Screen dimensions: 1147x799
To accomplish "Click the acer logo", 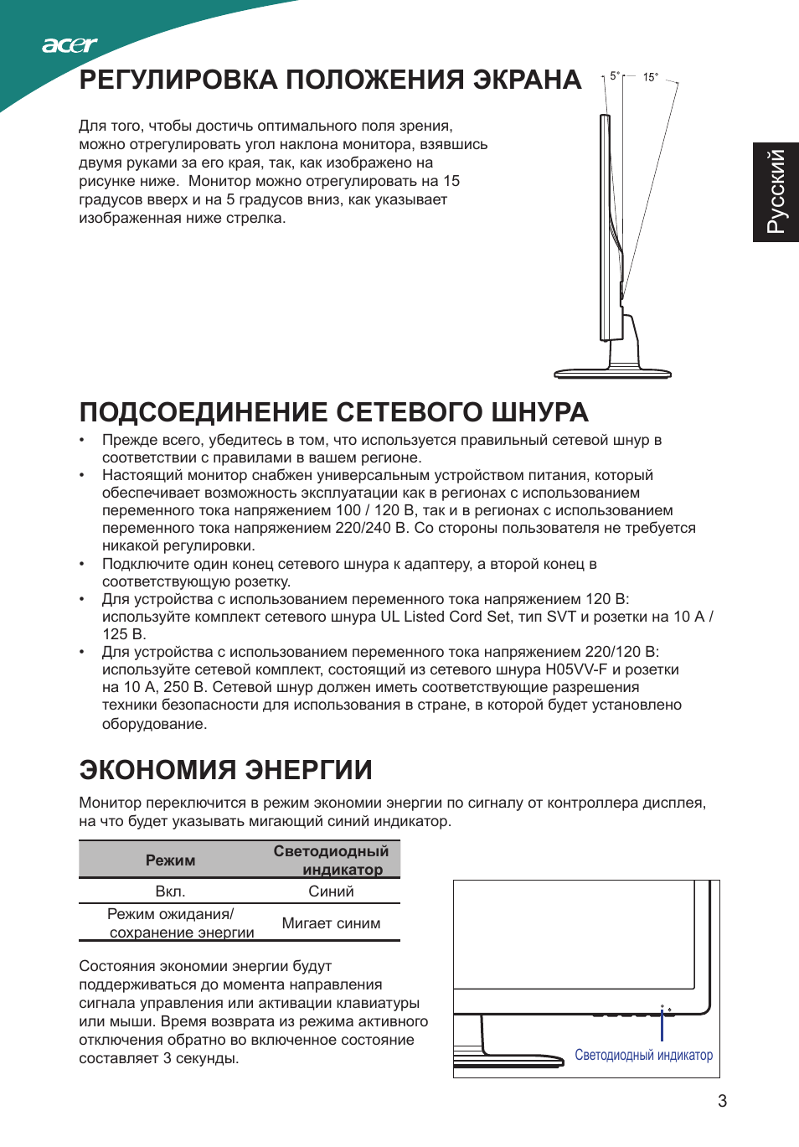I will click(x=70, y=45).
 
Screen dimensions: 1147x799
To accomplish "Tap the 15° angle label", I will click(x=651, y=77).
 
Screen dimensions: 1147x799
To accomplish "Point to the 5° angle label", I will click(x=615, y=76).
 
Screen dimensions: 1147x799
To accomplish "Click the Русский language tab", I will click(x=776, y=192).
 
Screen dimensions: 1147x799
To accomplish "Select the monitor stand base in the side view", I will click(x=612, y=373).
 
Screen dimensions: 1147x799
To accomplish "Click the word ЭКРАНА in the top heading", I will click(x=527, y=80).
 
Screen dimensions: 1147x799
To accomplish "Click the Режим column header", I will click(x=170, y=860).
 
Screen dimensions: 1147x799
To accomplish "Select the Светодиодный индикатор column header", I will click(x=331, y=860).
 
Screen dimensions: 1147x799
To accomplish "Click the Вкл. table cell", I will click(x=170, y=891).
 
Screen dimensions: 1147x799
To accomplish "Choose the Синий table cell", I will click(x=331, y=891).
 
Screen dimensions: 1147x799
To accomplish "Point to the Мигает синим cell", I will click(x=331, y=923).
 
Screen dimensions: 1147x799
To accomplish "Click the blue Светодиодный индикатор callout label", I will click(x=643, y=1055).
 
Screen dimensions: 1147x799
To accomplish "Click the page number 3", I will click(x=722, y=1101).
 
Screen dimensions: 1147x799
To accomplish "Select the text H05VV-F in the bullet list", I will click(x=576, y=669).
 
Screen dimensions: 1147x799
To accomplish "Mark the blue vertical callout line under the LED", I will click(x=662, y=1026).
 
